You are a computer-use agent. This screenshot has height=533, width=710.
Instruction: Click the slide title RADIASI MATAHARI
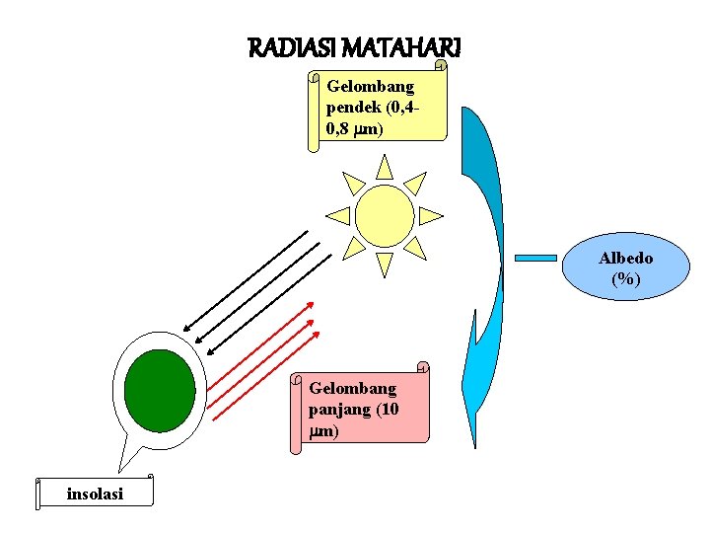[355, 46]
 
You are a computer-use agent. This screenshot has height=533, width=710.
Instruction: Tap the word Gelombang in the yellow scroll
[371, 87]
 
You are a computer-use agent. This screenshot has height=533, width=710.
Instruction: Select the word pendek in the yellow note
[351, 108]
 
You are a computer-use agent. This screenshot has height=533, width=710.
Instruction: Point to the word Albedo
[625, 258]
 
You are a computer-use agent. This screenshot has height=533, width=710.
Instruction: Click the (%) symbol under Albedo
[625, 278]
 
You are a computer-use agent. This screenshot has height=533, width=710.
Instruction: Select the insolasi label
[95, 495]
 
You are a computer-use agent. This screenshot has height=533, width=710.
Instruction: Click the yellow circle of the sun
[385, 215]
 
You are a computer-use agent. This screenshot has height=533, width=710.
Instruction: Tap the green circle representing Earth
[159, 391]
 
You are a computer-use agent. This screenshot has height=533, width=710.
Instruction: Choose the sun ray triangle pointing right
[431, 215]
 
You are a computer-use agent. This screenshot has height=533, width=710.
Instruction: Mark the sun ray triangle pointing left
[338, 215]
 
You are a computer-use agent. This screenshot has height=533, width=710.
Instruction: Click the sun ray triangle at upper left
[353, 183]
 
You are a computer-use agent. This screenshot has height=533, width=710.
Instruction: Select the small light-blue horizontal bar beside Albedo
[537, 259]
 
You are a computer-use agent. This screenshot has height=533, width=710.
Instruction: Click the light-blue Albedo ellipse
[625, 268]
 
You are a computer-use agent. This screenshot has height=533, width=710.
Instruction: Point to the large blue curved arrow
[487, 296]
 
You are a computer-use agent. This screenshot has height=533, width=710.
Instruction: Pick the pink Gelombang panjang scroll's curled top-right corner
[423, 368]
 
